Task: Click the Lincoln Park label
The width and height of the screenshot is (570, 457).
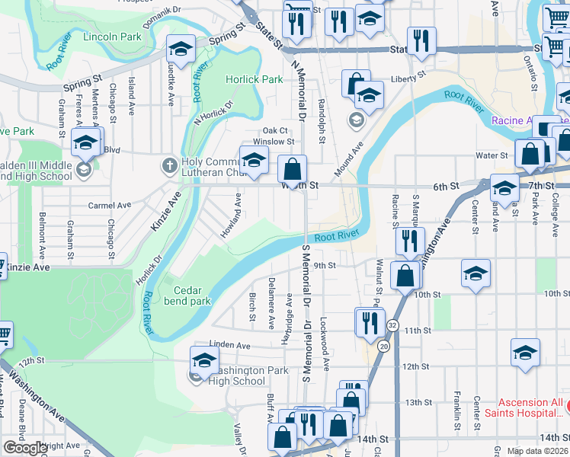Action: [113, 37]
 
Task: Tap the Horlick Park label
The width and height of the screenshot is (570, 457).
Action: [254, 79]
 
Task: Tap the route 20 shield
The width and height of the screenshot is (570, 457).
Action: [383, 347]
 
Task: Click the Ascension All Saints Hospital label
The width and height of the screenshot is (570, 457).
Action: [530, 407]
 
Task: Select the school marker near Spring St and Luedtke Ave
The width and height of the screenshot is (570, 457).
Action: [181, 50]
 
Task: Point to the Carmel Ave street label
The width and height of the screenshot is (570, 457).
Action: [110, 206]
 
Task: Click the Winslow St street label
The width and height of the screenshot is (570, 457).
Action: [273, 141]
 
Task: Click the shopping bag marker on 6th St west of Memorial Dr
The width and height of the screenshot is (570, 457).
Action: [292, 169]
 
